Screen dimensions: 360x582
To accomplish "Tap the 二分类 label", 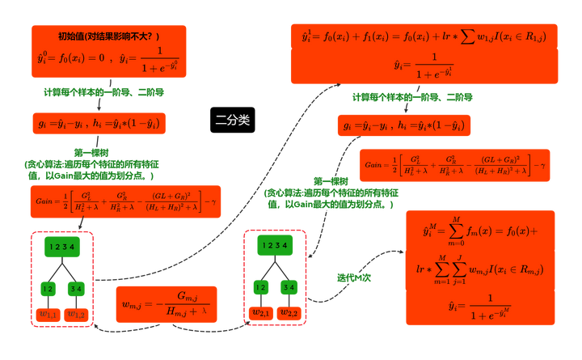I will tap(233, 120).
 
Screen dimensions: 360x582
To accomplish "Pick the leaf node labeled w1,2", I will tap(76, 313).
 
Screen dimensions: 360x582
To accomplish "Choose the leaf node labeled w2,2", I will tap(290, 312).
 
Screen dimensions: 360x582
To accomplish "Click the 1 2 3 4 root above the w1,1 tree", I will tap(61, 247).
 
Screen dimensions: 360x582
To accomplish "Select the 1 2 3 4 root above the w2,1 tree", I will tap(275, 246).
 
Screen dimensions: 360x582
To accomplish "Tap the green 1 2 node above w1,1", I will tap(47, 287).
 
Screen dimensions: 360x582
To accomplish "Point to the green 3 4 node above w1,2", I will tap(76, 287).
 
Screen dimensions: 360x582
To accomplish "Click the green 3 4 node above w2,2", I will tap(290, 286).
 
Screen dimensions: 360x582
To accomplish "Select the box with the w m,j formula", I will tap(167, 303).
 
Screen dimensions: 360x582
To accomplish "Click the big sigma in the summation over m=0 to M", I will tap(458, 232).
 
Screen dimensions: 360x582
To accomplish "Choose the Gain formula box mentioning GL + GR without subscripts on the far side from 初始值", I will tap(454, 165).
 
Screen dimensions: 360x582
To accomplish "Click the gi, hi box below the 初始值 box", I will tap(96, 124).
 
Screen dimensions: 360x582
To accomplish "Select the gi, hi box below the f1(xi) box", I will tap(404, 125).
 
